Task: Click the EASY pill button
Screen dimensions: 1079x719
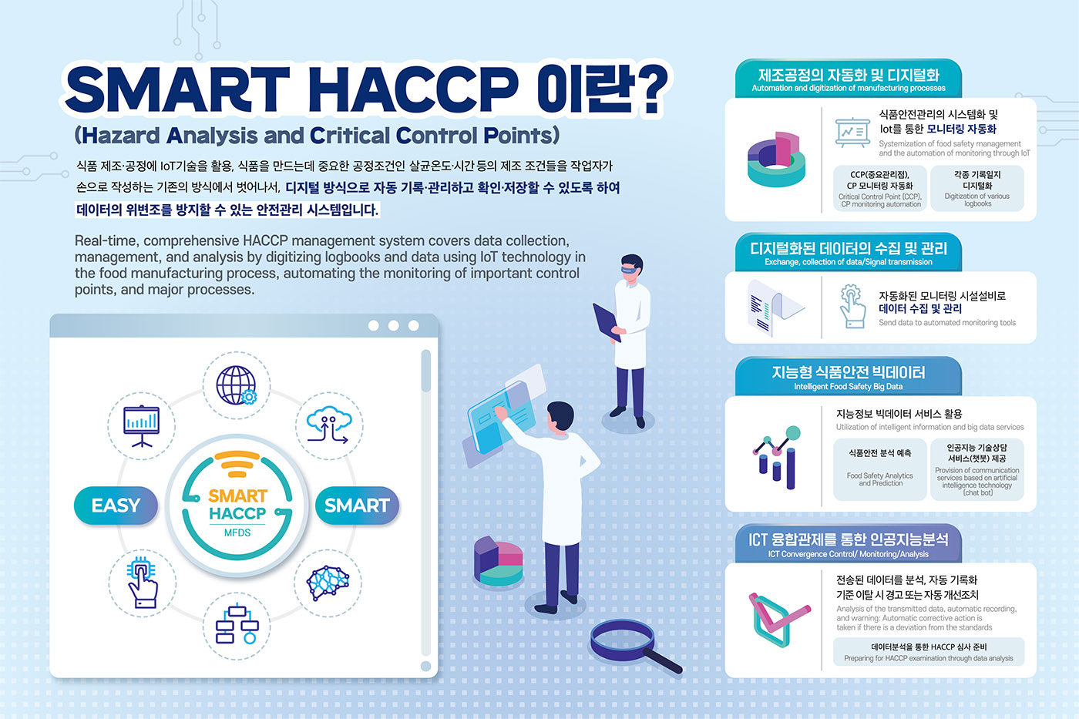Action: pyautogui.click(x=116, y=506)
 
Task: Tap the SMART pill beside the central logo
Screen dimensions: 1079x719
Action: pyautogui.click(x=357, y=506)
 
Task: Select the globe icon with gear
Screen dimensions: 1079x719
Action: pyautogui.click(x=236, y=385)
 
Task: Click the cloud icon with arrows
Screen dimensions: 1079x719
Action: pyautogui.click(x=330, y=425)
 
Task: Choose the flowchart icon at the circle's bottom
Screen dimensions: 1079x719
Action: pyautogui.click(x=237, y=624)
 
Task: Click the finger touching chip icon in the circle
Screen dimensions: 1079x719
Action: pyautogui.click(x=142, y=583)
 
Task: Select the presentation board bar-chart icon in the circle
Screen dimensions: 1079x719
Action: pyautogui.click(x=142, y=426)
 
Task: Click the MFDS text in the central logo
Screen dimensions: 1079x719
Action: pyautogui.click(x=237, y=533)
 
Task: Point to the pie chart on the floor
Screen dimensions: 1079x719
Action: pyautogui.click(x=498, y=561)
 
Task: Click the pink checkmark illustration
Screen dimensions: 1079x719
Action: pyautogui.click(x=778, y=618)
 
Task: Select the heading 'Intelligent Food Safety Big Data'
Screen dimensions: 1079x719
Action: pyautogui.click(x=849, y=386)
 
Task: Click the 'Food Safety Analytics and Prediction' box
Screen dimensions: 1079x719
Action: pyautogui.click(x=880, y=469)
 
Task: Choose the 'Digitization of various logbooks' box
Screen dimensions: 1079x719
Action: pyautogui.click(x=977, y=188)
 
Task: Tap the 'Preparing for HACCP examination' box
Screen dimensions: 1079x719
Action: pyautogui.click(x=929, y=652)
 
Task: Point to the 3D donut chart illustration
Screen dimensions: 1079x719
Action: pyautogui.click(x=776, y=160)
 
